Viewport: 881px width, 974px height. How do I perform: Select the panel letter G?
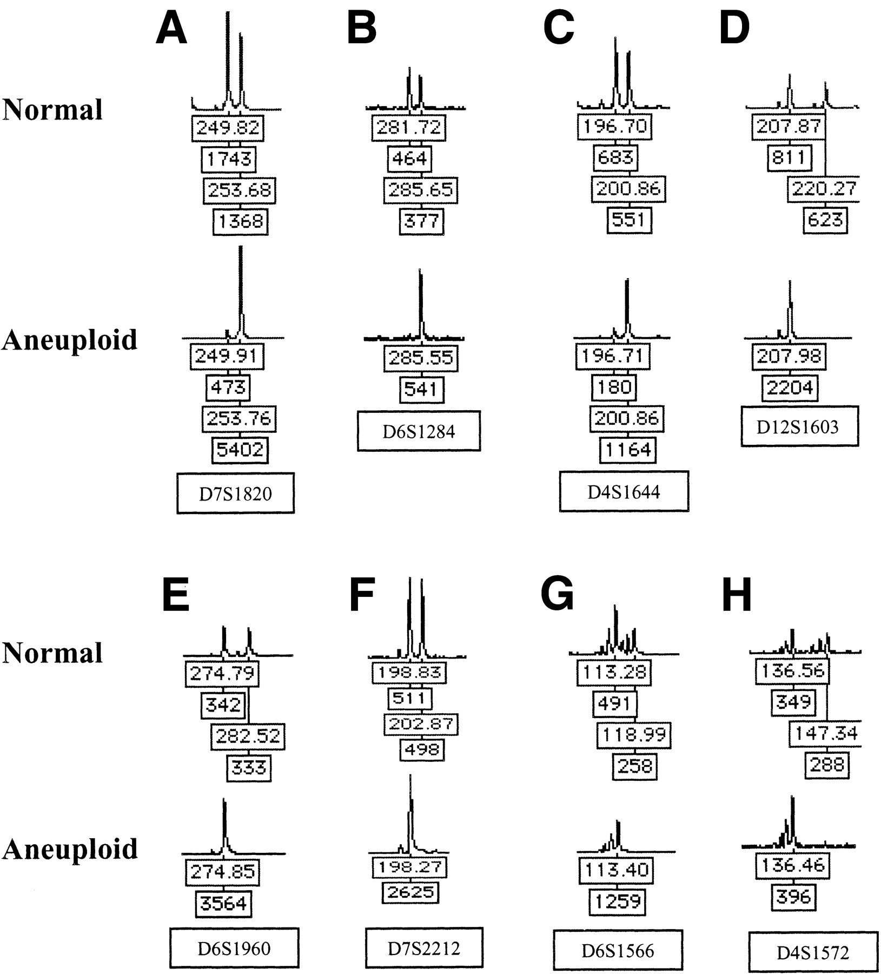557,594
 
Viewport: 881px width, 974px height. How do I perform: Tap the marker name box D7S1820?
235,493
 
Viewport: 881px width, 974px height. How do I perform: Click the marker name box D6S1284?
419,431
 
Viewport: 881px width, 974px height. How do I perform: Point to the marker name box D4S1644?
624,491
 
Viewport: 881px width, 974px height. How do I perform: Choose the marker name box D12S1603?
799,427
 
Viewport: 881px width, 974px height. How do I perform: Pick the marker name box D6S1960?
234,947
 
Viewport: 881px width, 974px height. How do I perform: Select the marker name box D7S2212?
424,947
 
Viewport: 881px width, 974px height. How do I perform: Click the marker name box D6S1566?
618,950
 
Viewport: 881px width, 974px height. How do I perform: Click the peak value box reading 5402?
240,449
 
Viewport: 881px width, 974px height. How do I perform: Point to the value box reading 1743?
229,159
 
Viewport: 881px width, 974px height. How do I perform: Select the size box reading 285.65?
420,190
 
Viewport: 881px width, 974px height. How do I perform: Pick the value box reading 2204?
790,387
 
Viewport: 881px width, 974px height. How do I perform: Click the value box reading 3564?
223,903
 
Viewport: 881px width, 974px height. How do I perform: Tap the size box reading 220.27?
824,189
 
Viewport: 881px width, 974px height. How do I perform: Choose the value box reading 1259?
618,901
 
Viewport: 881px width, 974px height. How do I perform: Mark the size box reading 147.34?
825,734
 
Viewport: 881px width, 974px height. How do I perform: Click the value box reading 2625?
410,892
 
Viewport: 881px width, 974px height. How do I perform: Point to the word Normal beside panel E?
52,653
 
